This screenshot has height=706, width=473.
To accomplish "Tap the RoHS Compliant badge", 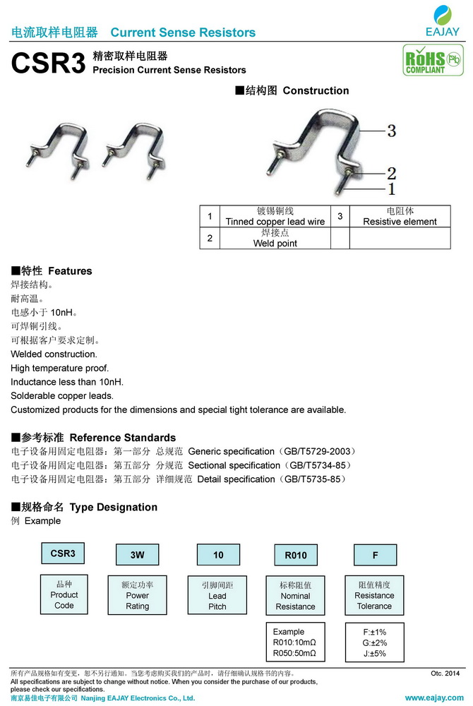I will tap(424, 60).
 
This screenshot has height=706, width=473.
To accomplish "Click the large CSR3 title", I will tap(48, 64).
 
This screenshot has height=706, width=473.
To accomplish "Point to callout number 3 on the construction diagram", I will tap(391, 131).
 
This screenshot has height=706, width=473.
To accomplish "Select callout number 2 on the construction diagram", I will tap(391, 173).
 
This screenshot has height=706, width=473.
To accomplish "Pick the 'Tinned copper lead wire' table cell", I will tap(275, 216).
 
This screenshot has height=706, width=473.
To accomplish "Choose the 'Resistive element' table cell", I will tap(400, 216).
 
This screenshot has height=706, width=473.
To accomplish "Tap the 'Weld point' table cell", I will tap(275, 238).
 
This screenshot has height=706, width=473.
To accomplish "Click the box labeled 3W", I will tap(137, 555).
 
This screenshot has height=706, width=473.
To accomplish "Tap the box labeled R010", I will tap(295, 555).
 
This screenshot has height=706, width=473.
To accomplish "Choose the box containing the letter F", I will tap(375, 555).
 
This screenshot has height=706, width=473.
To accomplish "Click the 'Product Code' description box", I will tap(64, 594).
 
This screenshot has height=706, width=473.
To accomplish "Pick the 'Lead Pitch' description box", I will tap(217, 595).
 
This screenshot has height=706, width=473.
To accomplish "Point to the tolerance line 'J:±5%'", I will tap(374, 653).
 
